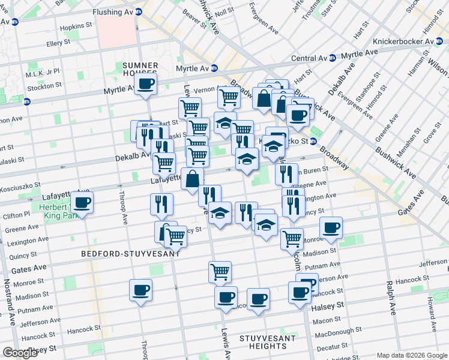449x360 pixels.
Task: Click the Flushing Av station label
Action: pos(113,12)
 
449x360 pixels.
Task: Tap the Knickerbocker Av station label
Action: pos(403,41)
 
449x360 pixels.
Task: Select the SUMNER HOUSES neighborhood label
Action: pos(140,70)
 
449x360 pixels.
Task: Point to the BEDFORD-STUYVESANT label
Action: pos(131,254)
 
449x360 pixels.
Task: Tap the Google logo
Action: pos(20,353)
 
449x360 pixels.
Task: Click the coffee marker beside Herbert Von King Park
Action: pos(82,202)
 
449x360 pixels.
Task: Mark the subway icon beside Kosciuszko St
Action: pos(313,142)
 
